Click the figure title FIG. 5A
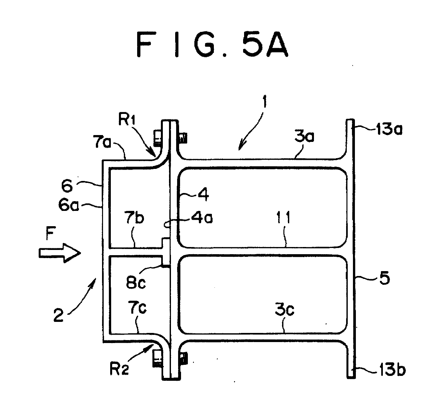212,45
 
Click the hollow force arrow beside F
60,253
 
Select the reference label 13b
391,370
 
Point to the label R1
127,120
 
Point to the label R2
120,369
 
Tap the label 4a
202,217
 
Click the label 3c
285,310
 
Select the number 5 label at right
385,278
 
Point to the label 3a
304,136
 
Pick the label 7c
137,308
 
